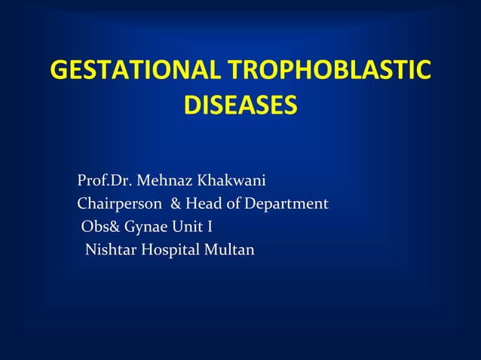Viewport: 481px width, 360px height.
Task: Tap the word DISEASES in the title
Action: point(240,105)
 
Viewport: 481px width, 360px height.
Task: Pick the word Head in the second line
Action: point(203,204)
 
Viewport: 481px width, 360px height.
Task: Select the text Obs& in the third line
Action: point(97,227)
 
